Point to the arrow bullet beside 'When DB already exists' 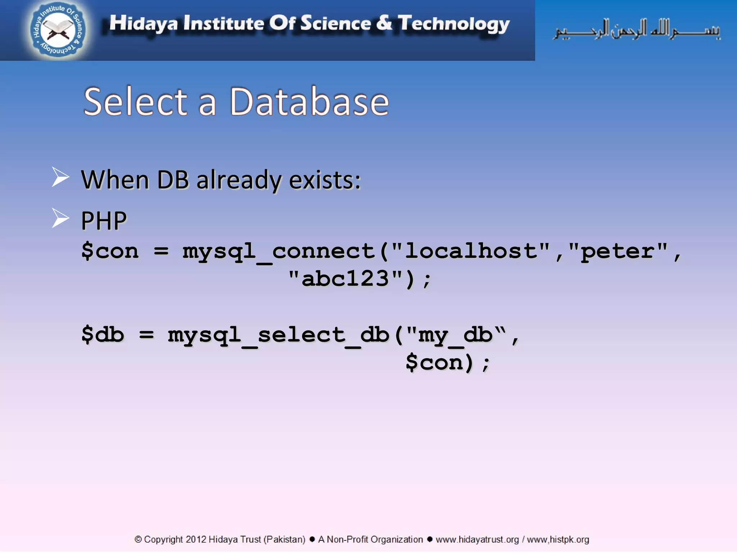coord(60,177)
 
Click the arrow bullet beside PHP coord(60,218)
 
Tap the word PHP coord(104,220)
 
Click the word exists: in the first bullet coord(325,180)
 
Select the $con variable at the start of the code coord(110,251)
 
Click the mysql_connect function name coord(279,252)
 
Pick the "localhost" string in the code coord(471,251)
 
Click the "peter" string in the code coord(618,251)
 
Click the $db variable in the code coord(103,334)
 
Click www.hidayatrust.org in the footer coord(477,539)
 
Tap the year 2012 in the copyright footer coord(196,539)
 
